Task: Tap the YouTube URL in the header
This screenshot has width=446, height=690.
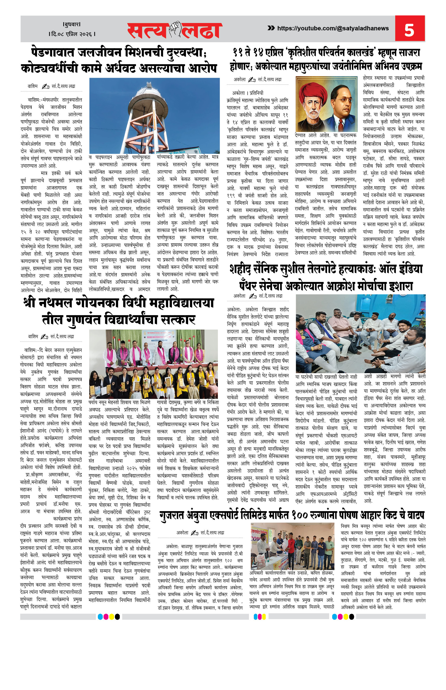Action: pyautogui.click(x=333, y=28)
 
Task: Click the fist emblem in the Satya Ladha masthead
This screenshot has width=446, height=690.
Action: pyautogui.click(x=175, y=29)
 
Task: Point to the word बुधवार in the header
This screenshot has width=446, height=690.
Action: pyautogui.click(x=72, y=24)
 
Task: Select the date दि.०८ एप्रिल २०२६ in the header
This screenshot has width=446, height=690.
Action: pyautogui.click(x=72, y=34)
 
